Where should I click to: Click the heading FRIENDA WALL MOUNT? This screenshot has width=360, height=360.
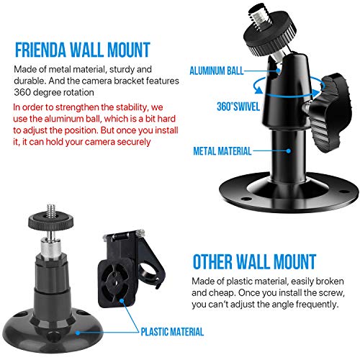coord(81,50)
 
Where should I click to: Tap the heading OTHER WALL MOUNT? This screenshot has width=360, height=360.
coord(253,260)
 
